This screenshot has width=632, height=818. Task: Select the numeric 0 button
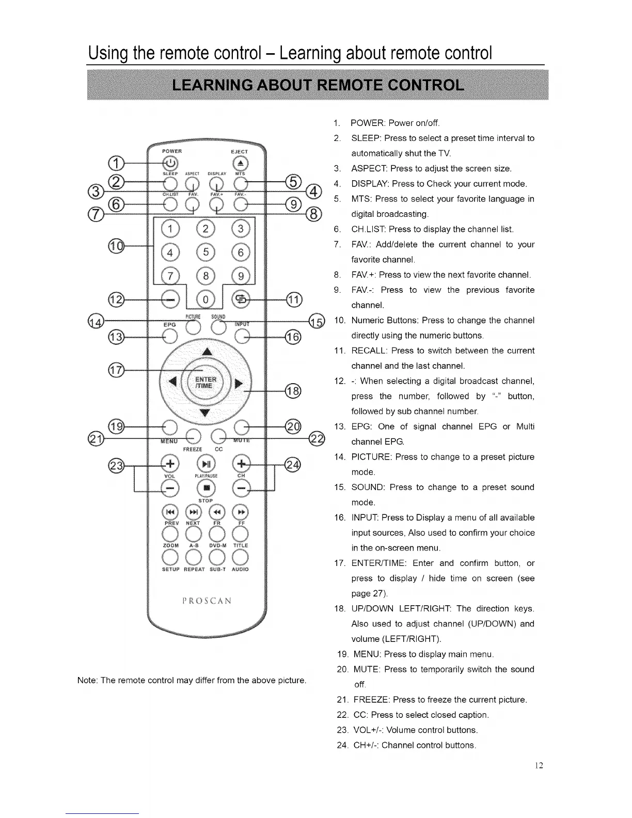pyautogui.click(x=206, y=299)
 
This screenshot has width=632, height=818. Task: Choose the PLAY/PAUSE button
pyautogui.click(x=206, y=463)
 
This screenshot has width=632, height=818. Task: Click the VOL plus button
pyautogui.click(x=169, y=463)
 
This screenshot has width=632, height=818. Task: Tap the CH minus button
pyautogui.click(x=241, y=487)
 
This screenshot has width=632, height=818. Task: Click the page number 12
pyautogui.click(x=539, y=765)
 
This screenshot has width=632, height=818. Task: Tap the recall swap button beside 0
pyautogui.click(x=241, y=298)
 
